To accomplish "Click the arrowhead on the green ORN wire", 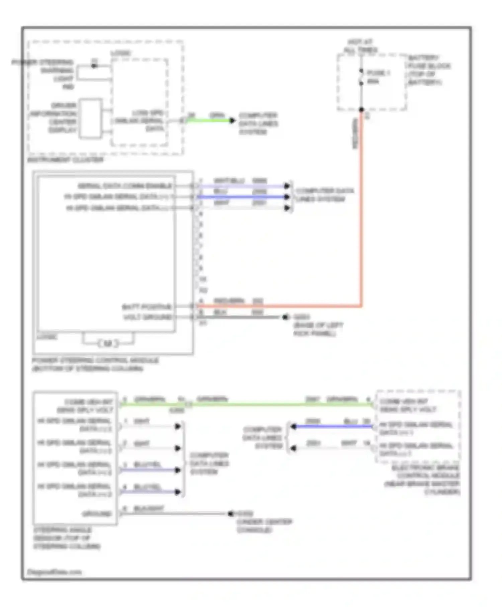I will point(232,120).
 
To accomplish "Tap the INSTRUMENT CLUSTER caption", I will point(66,160).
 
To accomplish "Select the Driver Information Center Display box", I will point(90,118).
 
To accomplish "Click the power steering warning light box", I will point(94,73).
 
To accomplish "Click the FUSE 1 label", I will point(378,73).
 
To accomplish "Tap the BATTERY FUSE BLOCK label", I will point(429,70).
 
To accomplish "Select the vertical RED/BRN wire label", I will point(355,133).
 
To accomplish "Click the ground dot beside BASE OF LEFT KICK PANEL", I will point(285,317).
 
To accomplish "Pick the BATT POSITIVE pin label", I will point(147,307).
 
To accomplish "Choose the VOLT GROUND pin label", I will point(148,317).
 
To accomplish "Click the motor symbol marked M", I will point(108,343).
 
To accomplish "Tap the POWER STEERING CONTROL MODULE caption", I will point(95,364).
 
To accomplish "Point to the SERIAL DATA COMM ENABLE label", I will point(124,186).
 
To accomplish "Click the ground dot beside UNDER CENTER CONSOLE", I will point(231,513).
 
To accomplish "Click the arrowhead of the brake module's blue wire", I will point(294,426).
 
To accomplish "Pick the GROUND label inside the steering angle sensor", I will point(97,514).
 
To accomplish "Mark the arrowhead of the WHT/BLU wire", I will point(287,186).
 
